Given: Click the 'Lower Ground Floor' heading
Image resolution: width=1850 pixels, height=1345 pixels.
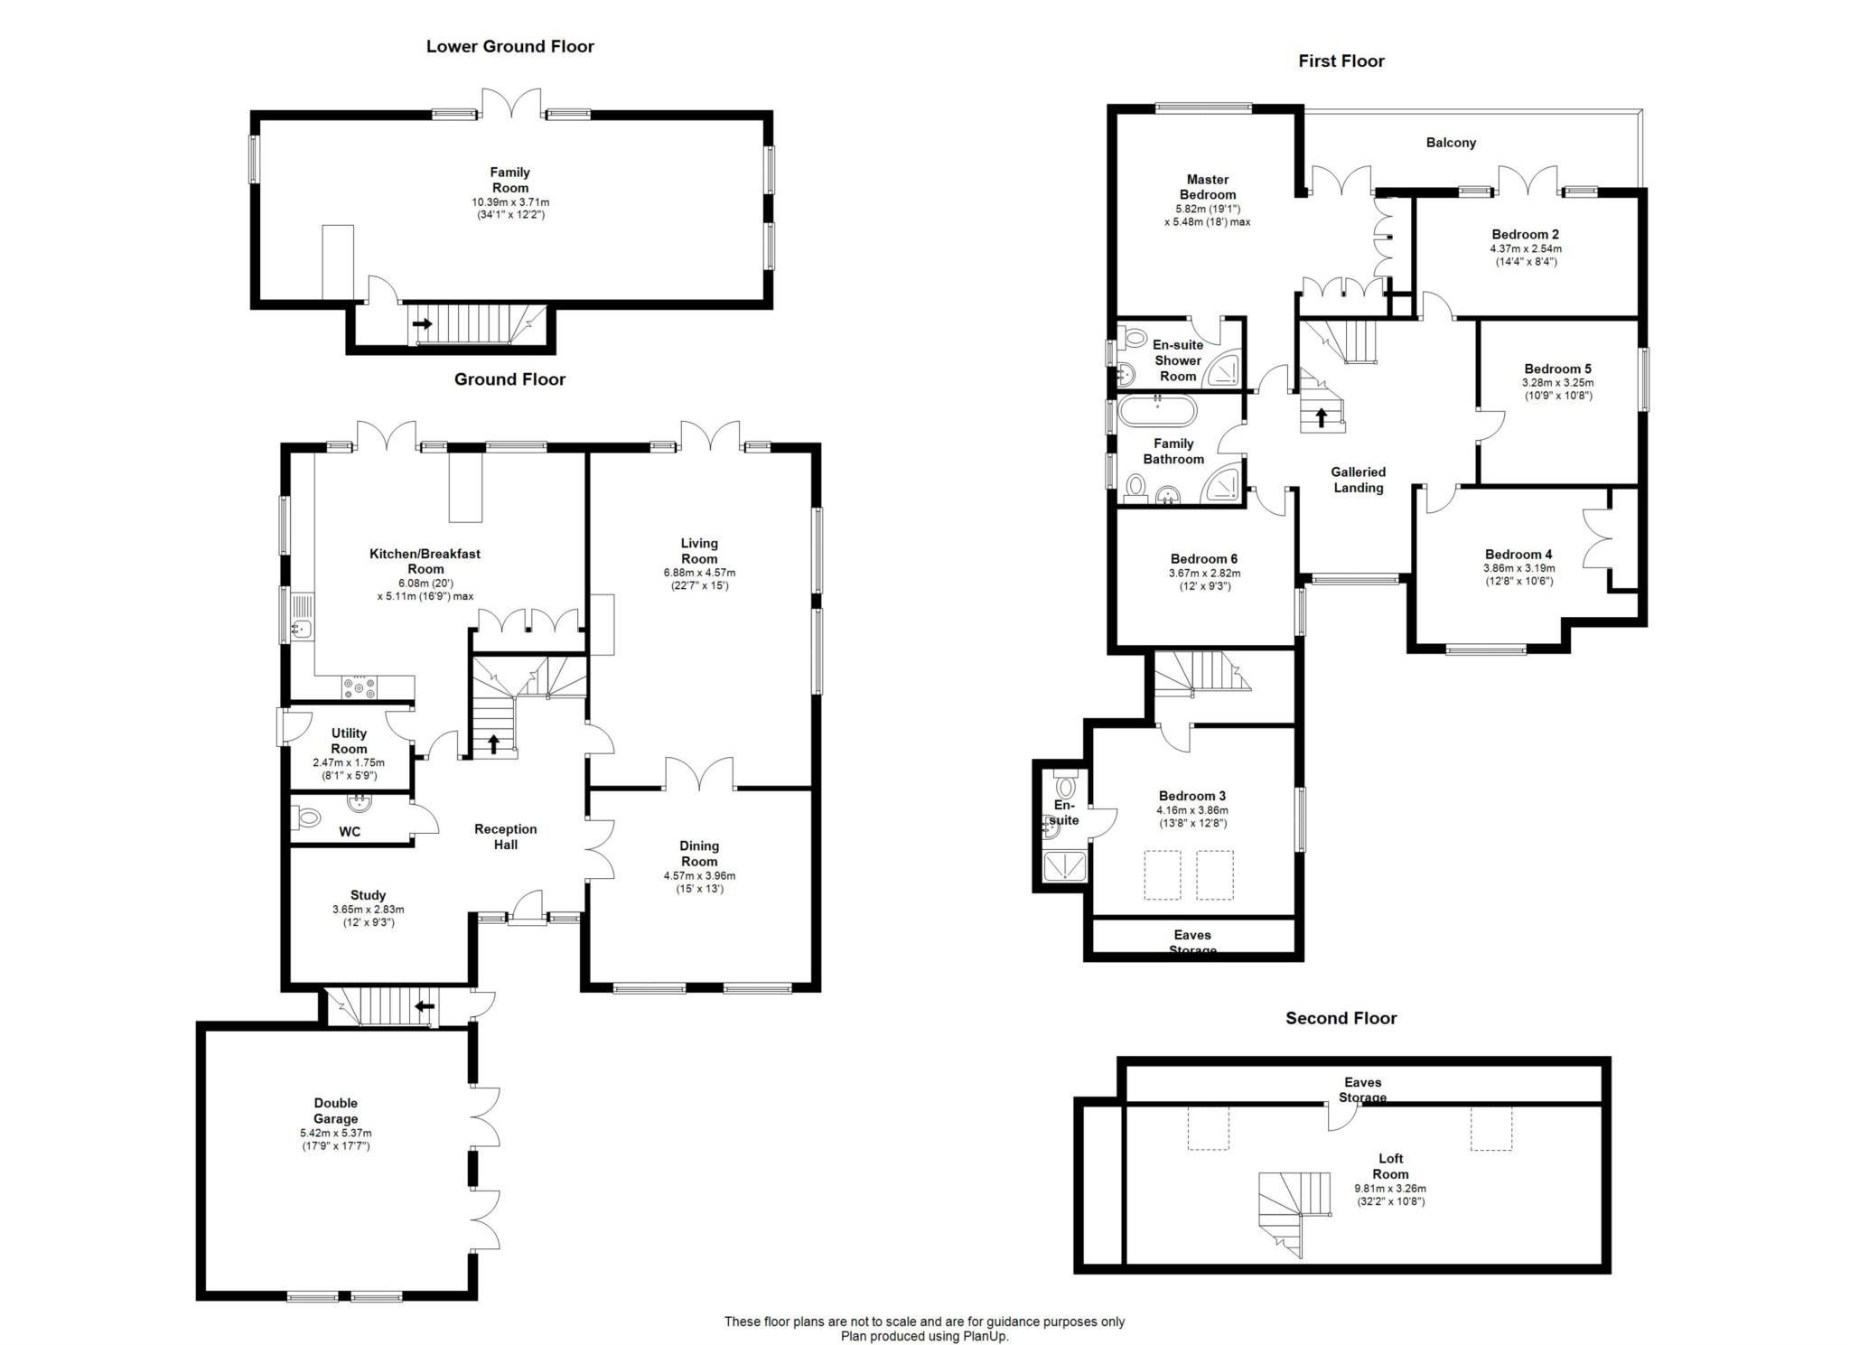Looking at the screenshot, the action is click(509, 46).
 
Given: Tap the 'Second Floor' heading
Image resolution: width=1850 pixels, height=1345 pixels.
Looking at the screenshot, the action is click(1341, 1018).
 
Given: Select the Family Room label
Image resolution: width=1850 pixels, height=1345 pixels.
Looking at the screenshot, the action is click(510, 180).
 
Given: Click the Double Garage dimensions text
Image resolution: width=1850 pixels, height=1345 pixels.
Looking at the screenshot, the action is click(336, 1139).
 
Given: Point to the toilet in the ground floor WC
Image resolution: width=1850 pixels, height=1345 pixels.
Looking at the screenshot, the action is click(307, 818).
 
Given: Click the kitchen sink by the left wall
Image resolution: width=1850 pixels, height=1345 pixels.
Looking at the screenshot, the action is click(300, 618).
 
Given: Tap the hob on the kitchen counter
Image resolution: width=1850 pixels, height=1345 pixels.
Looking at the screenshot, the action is click(360, 687).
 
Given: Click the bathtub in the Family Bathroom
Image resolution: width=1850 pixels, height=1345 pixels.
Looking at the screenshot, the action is click(1157, 413).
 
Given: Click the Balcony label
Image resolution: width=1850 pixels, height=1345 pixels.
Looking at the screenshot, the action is click(1451, 143).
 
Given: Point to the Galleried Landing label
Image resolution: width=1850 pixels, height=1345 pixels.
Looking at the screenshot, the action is click(1358, 480).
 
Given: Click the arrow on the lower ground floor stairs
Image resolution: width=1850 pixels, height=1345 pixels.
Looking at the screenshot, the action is click(421, 322).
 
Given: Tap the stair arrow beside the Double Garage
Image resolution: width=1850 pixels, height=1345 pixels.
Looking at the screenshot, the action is click(424, 1005).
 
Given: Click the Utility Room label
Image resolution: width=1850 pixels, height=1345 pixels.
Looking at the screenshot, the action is click(349, 741).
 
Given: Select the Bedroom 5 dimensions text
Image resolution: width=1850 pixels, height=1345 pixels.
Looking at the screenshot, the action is click(1557, 389).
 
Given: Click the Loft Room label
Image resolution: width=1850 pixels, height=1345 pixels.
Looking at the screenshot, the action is click(1390, 1166).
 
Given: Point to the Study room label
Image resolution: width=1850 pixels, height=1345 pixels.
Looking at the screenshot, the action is click(368, 895).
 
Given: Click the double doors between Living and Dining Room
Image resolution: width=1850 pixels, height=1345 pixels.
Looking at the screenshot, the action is click(699, 773).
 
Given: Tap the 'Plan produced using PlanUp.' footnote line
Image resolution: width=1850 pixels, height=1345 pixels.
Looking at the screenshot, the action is click(924, 1336).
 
